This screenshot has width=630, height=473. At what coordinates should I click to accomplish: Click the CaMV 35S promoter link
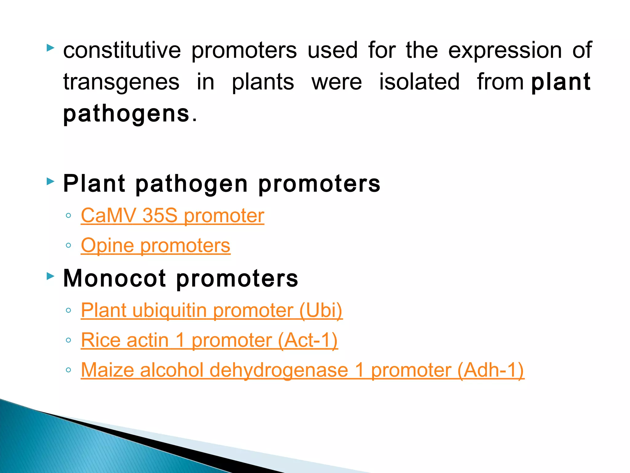(172, 216)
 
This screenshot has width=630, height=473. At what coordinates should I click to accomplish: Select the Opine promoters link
(155, 245)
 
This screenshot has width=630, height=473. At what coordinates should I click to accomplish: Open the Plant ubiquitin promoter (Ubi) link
(212, 310)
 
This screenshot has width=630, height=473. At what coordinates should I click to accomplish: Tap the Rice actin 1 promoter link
(209, 340)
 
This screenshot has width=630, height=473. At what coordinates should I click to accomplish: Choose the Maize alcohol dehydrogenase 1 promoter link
(302, 370)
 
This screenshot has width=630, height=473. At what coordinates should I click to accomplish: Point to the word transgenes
(121, 82)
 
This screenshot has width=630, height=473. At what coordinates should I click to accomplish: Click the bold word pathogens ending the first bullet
(126, 114)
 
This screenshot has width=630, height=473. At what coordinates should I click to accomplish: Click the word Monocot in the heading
(115, 278)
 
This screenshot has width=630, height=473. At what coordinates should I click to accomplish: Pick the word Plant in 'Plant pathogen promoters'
(94, 184)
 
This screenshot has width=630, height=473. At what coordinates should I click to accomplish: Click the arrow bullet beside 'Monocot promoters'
(50, 276)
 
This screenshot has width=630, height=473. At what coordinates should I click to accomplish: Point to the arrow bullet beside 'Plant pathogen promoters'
(50, 181)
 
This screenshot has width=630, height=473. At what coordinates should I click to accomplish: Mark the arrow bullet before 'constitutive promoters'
(50, 48)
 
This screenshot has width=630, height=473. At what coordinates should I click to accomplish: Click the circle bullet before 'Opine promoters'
(69, 246)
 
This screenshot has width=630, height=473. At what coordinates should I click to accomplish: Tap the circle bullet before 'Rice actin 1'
(69, 340)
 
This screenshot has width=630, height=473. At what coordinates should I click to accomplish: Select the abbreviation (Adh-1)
(491, 370)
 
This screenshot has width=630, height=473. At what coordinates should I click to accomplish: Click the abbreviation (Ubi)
(321, 310)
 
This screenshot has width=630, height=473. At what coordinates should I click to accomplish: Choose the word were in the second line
(337, 82)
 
